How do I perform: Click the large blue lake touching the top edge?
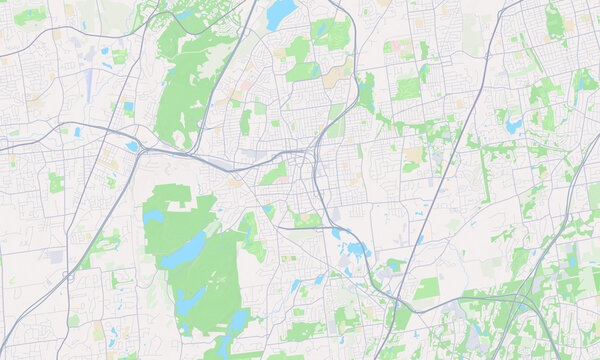click(x=280, y=14)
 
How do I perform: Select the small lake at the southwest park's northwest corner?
click(x=152, y=216)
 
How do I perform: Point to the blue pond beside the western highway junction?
click(x=132, y=146)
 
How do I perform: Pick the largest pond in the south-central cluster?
click(x=355, y=249)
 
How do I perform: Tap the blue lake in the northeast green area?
click(x=514, y=126)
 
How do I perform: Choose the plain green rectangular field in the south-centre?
click(x=428, y=288)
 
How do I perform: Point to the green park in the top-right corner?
click(x=554, y=20)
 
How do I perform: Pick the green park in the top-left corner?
click(x=30, y=15)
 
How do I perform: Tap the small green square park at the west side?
click(x=56, y=183)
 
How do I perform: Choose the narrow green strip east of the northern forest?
click(x=245, y=122)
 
